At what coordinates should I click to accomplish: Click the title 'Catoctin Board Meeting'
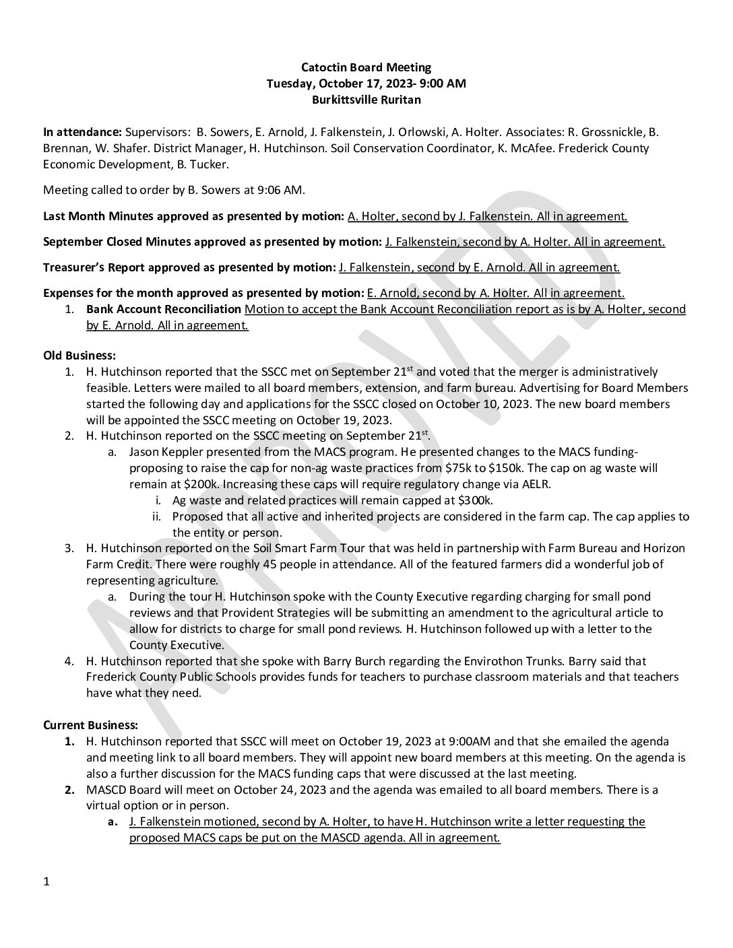(366, 67)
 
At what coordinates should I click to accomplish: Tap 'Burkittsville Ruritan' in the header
(366, 100)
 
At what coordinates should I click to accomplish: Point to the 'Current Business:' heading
(90, 725)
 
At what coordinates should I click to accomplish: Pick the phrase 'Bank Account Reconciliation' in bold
(164, 309)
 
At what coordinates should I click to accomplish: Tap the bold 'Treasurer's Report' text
(94, 267)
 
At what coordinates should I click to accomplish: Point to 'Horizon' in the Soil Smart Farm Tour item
(662, 548)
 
